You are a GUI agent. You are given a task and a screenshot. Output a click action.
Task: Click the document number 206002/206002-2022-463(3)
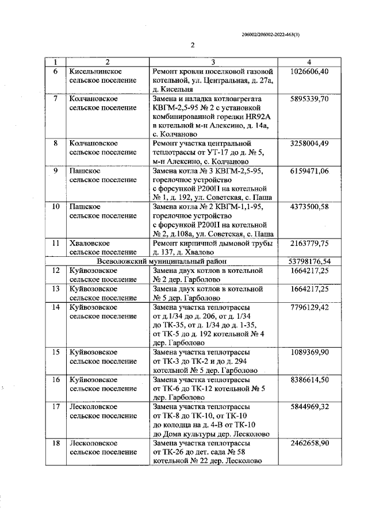275,34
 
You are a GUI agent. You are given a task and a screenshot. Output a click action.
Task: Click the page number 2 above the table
193,45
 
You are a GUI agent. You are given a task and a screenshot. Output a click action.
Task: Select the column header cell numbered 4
309,62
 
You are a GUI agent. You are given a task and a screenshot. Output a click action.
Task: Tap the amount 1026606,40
309,71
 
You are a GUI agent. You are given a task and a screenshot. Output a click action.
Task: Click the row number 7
55,99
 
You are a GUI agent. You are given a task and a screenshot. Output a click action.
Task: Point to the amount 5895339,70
309,99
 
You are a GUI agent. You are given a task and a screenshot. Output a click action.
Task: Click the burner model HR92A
256,117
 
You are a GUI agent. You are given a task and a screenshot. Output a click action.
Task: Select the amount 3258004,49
309,143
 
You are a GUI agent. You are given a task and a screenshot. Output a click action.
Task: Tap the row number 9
55,171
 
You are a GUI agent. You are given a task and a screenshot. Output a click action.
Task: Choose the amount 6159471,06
309,171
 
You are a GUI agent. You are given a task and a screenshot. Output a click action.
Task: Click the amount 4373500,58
309,206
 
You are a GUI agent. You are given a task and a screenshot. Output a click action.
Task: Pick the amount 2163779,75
309,242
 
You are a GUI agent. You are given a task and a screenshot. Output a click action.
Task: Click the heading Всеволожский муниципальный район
164,260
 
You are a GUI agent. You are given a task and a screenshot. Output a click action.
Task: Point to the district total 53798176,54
309,260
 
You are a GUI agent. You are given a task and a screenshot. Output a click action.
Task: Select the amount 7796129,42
309,307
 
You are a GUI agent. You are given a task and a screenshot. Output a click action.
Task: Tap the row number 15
55,352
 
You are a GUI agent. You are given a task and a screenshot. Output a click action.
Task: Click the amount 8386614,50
309,379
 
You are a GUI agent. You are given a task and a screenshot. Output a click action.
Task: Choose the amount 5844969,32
309,406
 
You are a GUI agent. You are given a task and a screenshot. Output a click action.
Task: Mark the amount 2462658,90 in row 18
309,444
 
